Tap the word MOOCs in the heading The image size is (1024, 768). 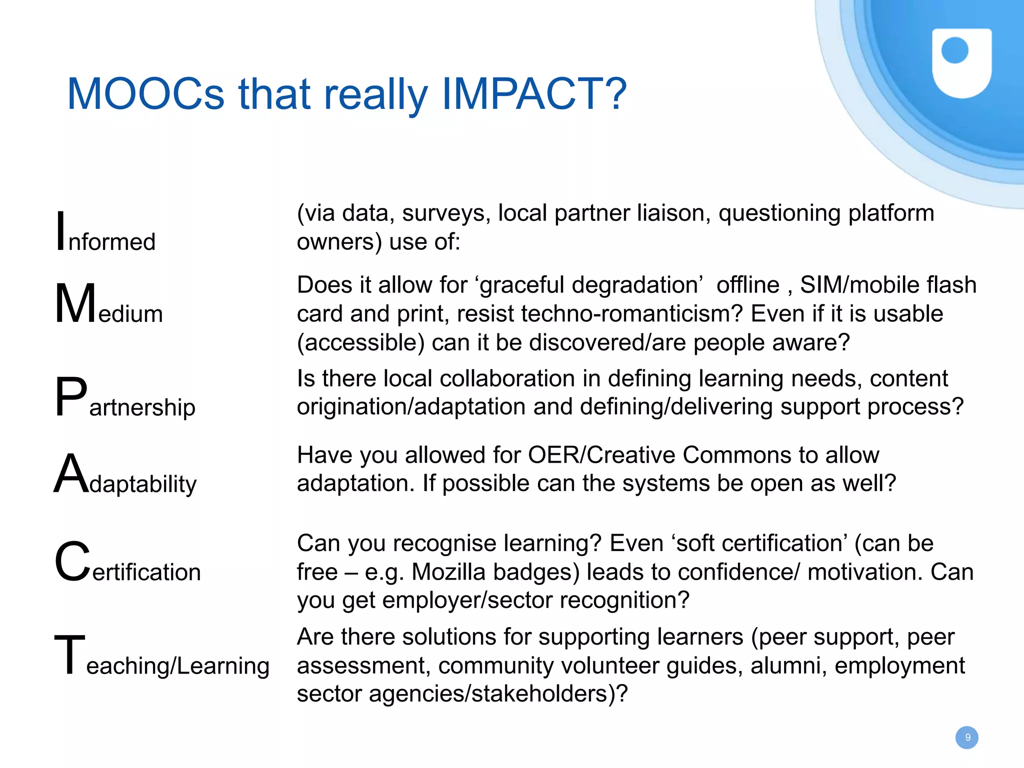146,94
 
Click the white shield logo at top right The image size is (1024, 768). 961,62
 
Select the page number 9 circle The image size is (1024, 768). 966,738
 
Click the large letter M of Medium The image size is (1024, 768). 75,304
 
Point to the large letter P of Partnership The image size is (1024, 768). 70,397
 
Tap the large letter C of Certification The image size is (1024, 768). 72,562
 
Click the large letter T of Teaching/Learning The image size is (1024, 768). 69,654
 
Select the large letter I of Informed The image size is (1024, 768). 60,231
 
